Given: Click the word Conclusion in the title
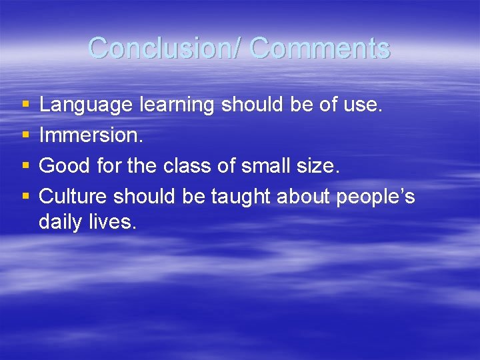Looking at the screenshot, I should click(163, 48).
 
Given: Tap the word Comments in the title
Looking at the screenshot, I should click(321, 48).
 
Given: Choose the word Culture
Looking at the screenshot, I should click(73, 197).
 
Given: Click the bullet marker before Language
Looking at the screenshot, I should click(25, 105).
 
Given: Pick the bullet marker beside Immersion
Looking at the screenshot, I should click(25, 136).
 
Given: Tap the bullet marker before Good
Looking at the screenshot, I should click(25, 167).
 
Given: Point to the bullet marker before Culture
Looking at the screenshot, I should click(25, 197).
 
